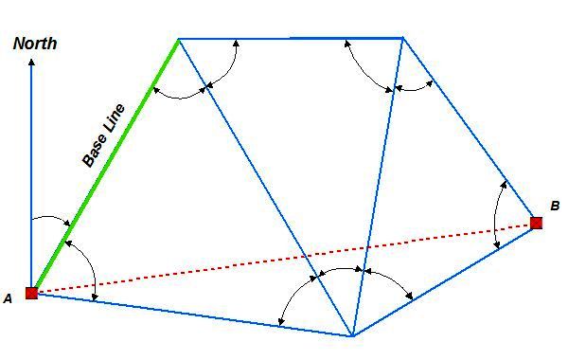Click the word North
[x=35, y=43]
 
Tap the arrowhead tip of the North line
[x=31, y=61]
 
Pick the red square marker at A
[x=31, y=293]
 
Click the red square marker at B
[x=536, y=223]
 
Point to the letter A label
[x=8, y=298]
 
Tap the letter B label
[x=555, y=206]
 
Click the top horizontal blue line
[x=290, y=38]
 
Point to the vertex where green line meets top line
[x=178, y=39]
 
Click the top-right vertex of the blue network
[x=403, y=38]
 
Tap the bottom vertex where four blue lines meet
[x=352, y=336]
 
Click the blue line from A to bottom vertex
[x=189, y=315]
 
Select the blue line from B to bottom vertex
[x=445, y=279]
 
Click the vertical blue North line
[x=31, y=171]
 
